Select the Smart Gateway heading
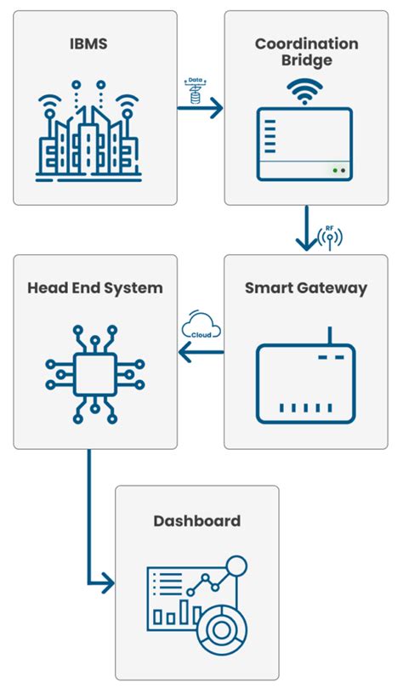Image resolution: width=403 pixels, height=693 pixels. pos(306,287)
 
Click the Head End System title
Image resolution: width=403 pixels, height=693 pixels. pos(94,287)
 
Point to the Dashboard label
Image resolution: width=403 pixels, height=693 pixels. pos(196,520)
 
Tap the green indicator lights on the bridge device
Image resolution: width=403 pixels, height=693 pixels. pos(339,170)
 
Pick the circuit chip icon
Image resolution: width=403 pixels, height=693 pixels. pos(94,370)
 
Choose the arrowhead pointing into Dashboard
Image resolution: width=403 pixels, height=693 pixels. pos(106,584)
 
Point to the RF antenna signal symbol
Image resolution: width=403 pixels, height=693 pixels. pos(330,237)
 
